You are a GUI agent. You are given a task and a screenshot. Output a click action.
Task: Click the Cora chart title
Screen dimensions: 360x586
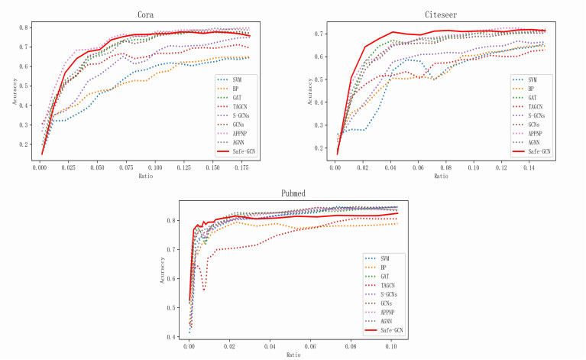tap(148, 15)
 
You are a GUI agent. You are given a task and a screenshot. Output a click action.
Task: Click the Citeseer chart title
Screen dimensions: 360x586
tap(442, 15)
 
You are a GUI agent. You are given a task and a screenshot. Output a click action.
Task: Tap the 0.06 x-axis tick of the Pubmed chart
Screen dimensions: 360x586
tap(311, 347)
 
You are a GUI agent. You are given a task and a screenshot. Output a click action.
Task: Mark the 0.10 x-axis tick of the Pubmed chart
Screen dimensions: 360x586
tap(393, 347)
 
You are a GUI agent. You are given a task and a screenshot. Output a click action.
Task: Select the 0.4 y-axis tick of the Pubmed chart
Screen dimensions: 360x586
tap(173, 336)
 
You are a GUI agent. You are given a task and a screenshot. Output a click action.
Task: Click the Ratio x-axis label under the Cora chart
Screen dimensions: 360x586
tap(146, 176)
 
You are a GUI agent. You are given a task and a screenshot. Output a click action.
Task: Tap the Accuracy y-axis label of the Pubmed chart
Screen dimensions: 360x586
tap(163, 270)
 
